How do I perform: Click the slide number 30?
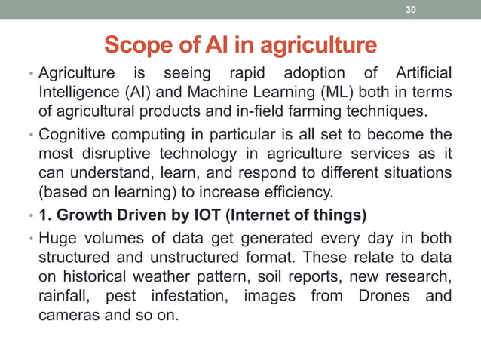(411, 10)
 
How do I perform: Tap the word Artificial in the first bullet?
(423, 73)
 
